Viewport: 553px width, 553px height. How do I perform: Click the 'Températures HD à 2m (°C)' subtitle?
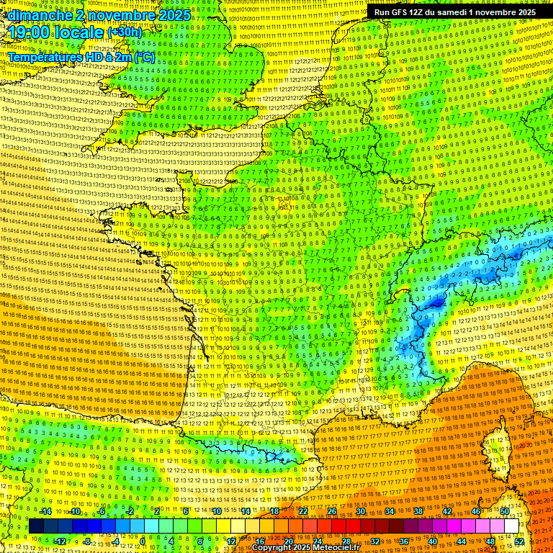tap(81, 56)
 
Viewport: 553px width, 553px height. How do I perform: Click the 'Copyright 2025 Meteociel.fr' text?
tap(305, 548)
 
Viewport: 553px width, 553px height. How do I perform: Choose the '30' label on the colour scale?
tap(361, 511)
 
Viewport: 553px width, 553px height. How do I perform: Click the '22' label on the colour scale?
tap(303, 511)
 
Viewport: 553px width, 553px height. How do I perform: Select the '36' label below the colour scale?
tap(404, 541)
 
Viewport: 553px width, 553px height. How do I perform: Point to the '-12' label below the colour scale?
tap(60, 541)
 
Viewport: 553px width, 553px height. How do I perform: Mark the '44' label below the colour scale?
tap(462, 541)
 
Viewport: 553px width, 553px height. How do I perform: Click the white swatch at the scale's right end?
tap(512, 526)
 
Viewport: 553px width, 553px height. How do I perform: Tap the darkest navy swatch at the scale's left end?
tap(36, 526)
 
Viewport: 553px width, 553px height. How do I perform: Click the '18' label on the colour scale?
tap(274, 511)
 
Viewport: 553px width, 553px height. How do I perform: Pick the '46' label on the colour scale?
tap(476, 511)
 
